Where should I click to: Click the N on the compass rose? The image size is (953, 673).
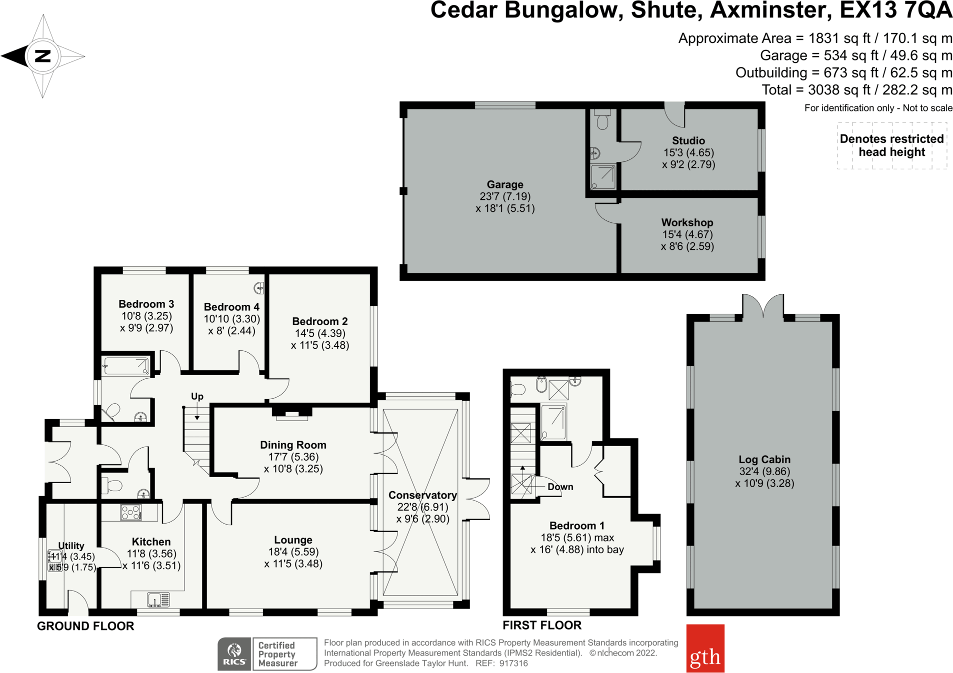(43, 56)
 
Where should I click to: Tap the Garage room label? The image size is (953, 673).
(505, 184)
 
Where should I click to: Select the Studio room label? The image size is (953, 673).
(688, 140)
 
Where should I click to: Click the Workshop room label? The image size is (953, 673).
(687, 222)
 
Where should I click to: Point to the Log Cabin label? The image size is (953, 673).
(764, 459)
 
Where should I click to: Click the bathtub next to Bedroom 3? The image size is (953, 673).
(125, 366)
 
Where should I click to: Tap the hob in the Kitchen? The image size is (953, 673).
(131, 512)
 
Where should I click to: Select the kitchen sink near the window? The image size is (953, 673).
(158, 599)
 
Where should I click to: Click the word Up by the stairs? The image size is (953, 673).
(197, 396)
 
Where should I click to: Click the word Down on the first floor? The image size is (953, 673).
(560, 487)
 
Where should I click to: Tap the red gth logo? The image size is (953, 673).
(705, 648)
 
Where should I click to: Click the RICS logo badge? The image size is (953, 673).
(234, 654)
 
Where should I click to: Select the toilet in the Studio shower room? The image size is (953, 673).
(602, 120)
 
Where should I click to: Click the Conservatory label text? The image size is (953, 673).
(422, 495)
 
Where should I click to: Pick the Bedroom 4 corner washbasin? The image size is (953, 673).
(259, 288)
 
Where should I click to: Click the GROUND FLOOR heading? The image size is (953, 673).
(85, 626)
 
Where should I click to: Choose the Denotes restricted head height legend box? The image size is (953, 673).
(891, 145)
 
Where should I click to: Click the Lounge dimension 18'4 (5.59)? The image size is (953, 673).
(293, 552)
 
